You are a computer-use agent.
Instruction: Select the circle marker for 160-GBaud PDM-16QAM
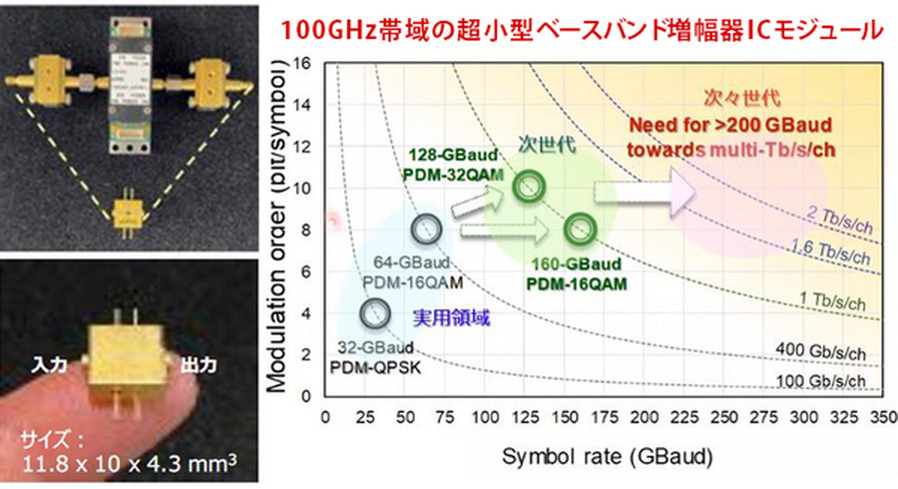tap(579, 230)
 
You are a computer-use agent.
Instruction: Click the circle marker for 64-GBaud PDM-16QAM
tap(425, 229)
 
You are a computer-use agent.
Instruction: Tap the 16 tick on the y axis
tap(306, 63)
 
